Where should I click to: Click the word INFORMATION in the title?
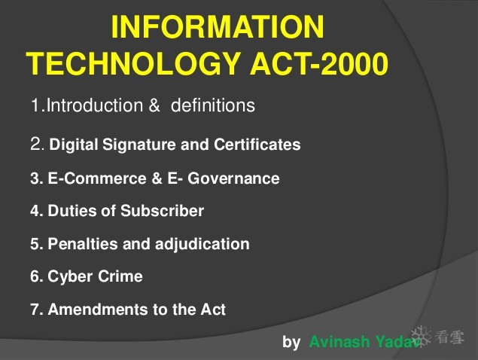(x=218, y=27)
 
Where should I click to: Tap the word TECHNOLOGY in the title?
(x=134, y=63)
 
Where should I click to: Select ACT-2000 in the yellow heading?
(x=319, y=63)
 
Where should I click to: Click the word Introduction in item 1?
(x=95, y=105)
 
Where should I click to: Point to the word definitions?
(x=213, y=105)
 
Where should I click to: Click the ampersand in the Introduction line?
(x=154, y=105)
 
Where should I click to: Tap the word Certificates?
(x=257, y=145)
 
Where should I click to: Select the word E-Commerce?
(x=97, y=178)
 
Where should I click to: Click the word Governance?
(x=233, y=178)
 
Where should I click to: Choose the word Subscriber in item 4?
(x=162, y=211)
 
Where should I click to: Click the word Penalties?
(x=83, y=244)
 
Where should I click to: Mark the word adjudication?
(x=202, y=244)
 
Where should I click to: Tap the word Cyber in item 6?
(x=70, y=276)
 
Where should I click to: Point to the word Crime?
(x=120, y=276)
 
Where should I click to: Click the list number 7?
(x=35, y=310)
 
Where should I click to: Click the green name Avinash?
(x=339, y=341)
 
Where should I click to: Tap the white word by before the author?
(x=291, y=342)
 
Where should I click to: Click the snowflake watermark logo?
(x=422, y=337)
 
